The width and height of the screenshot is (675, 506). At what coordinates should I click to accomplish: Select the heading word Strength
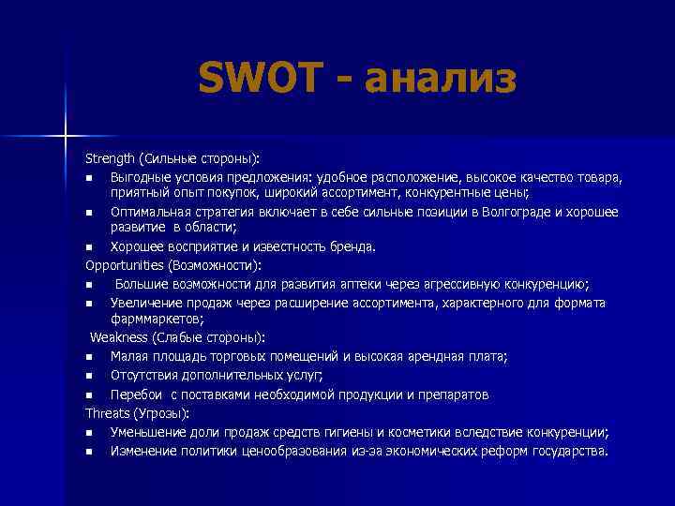111,157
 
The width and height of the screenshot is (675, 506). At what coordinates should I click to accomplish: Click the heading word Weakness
120,337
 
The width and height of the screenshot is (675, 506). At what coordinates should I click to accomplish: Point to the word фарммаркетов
151,320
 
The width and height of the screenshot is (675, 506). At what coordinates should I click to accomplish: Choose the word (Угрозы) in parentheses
161,412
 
